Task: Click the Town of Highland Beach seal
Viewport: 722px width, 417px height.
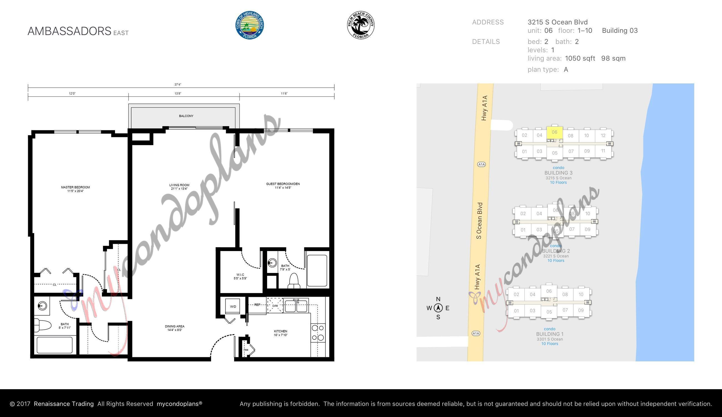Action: (x=249, y=25)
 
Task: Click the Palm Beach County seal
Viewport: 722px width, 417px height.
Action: (x=361, y=25)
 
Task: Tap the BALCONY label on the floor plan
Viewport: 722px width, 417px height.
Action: (x=186, y=116)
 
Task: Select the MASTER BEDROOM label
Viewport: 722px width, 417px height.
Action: (x=75, y=187)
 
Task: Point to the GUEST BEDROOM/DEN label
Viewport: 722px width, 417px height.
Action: (x=283, y=184)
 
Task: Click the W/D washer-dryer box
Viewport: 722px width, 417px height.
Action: (x=233, y=306)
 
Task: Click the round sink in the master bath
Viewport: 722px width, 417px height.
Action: (x=42, y=306)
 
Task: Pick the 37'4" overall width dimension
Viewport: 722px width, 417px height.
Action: (x=178, y=85)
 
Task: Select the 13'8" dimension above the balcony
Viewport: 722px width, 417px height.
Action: (x=178, y=94)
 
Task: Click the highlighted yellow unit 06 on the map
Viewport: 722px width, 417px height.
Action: (x=554, y=132)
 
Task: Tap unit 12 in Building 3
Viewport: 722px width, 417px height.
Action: (x=603, y=135)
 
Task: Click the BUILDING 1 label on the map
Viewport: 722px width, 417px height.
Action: (x=550, y=334)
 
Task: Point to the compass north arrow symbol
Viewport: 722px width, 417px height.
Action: (x=438, y=308)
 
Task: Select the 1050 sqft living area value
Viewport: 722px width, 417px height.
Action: (x=580, y=58)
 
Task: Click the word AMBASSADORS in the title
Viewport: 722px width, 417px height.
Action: (x=69, y=31)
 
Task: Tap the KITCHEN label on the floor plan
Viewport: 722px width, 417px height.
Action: (x=280, y=331)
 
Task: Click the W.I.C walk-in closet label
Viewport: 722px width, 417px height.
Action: (x=240, y=275)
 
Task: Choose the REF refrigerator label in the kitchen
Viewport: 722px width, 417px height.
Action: (x=257, y=305)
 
